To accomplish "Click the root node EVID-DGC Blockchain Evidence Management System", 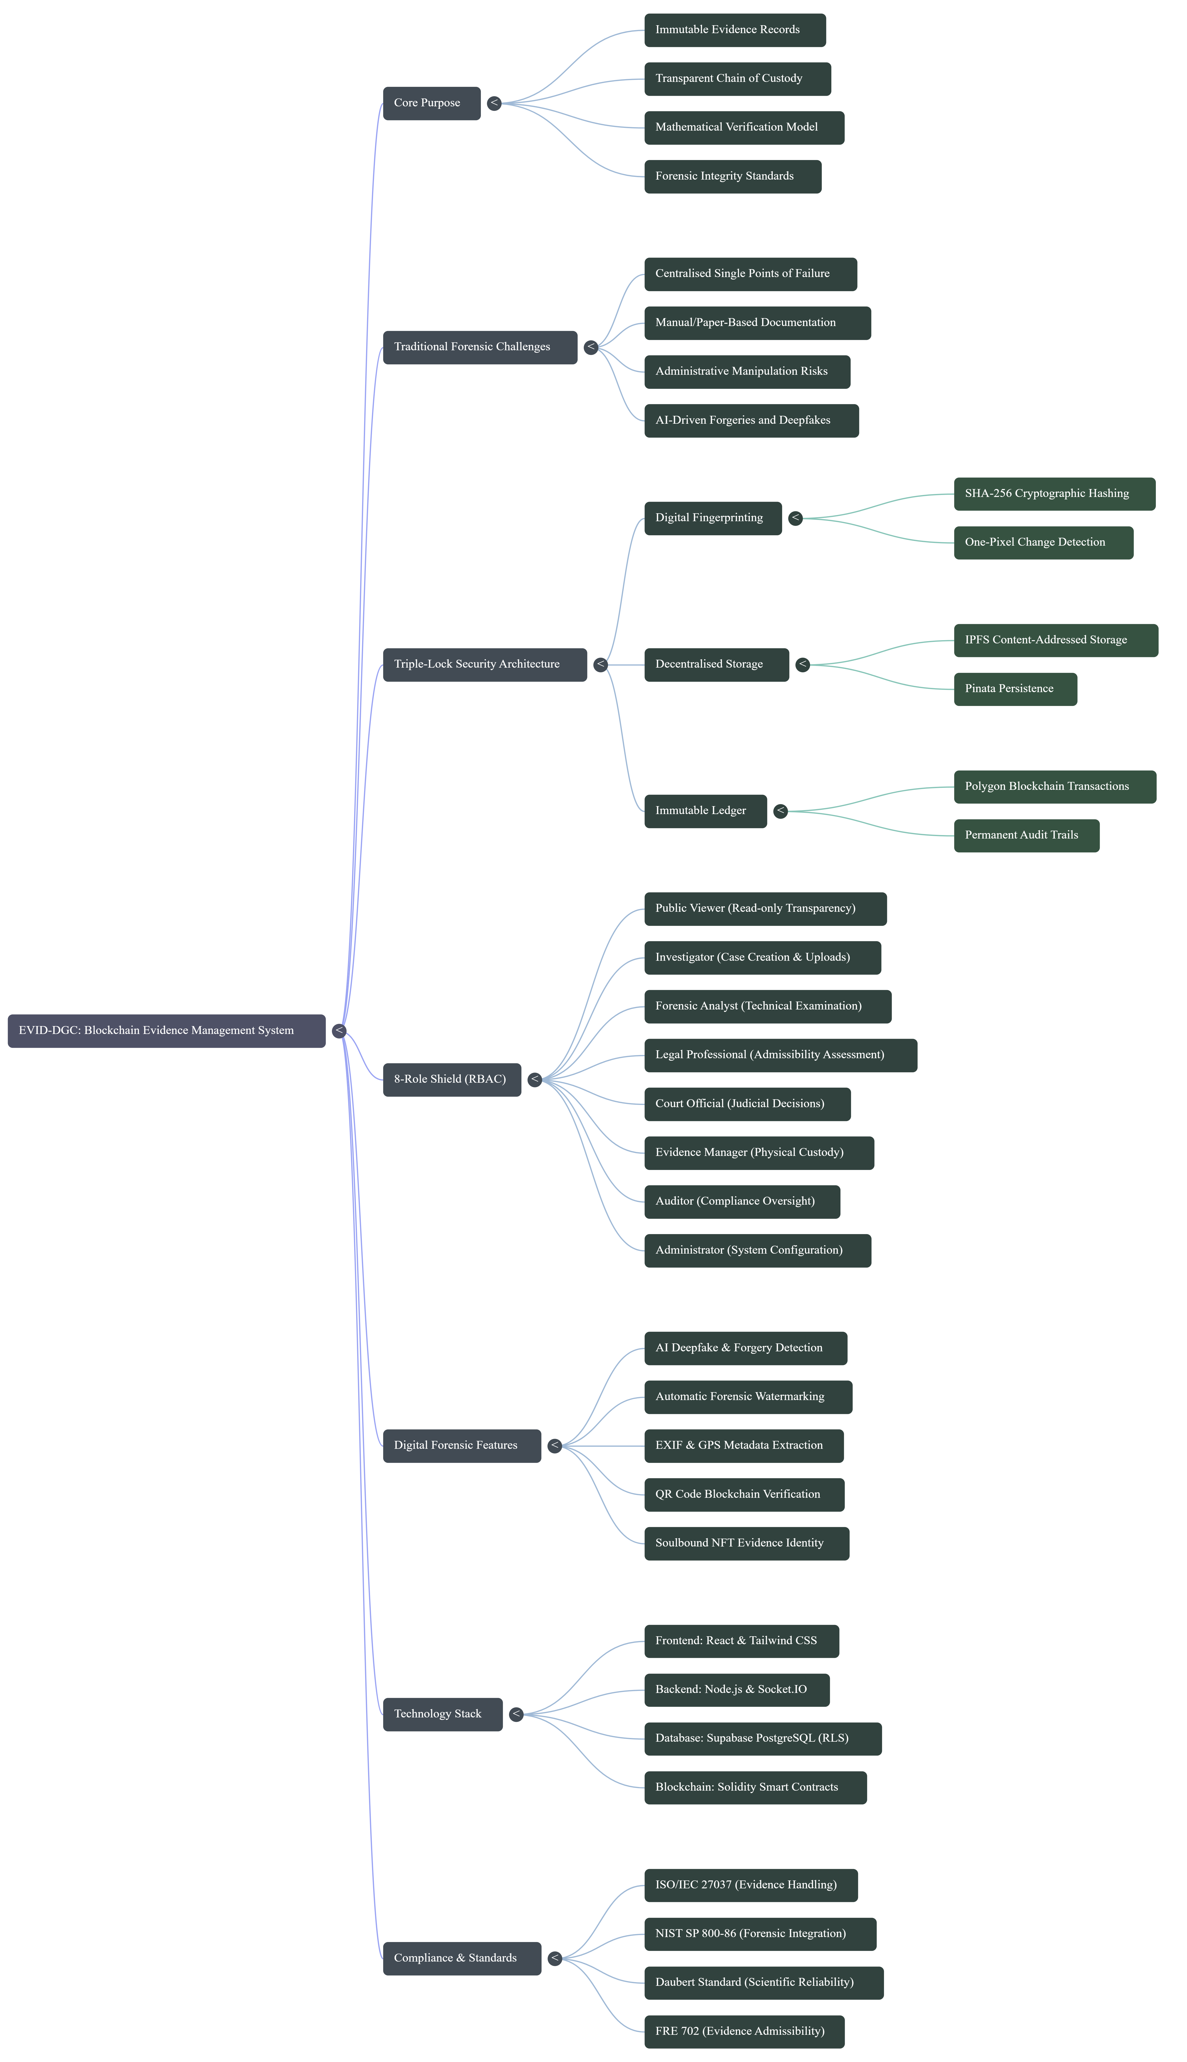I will click(x=166, y=1031).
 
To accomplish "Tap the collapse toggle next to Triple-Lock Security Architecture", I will click(x=600, y=664).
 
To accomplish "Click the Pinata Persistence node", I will click(x=1015, y=689).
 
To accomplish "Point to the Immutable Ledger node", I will click(x=705, y=811).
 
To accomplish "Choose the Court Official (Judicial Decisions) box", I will click(x=747, y=1104).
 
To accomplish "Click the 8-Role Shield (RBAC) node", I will click(x=452, y=1079).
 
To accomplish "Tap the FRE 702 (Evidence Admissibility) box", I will click(x=744, y=2031).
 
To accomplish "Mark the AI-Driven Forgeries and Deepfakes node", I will click(x=751, y=421).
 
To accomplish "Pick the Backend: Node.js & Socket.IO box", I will click(x=736, y=1689).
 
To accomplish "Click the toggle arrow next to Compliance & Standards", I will click(x=554, y=1958).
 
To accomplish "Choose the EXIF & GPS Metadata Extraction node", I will click(x=744, y=1446).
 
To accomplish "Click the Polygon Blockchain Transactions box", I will click(x=1054, y=787).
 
